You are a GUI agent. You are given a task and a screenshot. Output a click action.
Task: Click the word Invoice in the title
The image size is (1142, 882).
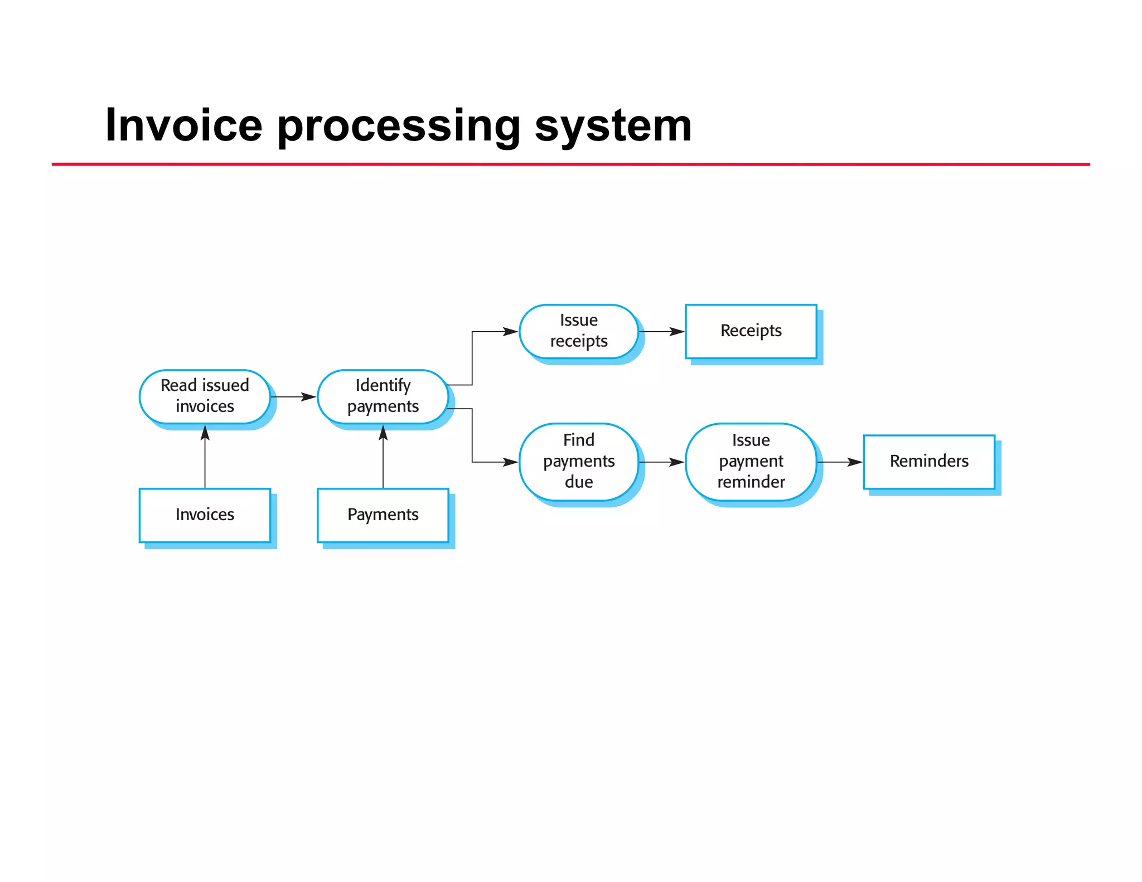[x=183, y=125]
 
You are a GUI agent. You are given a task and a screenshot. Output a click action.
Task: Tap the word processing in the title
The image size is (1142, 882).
[x=398, y=125]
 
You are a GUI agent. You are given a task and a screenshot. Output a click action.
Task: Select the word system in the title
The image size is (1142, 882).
[x=613, y=125]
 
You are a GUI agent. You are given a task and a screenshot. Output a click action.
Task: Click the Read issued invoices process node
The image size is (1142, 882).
[x=205, y=396]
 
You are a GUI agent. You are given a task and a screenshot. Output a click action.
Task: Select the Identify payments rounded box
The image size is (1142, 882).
[x=383, y=396]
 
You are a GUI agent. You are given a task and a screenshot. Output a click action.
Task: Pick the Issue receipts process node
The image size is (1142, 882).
[x=578, y=331]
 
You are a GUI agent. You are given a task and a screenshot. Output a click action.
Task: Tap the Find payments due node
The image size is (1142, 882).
[x=578, y=462]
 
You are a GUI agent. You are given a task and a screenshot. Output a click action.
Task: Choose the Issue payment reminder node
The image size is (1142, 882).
[x=751, y=462]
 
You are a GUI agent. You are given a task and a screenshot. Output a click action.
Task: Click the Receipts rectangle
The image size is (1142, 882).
[x=751, y=331]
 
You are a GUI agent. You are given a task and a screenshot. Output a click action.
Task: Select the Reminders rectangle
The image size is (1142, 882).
[x=928, y=462]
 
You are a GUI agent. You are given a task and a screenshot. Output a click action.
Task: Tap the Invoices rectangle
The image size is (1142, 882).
[x=205, y=515]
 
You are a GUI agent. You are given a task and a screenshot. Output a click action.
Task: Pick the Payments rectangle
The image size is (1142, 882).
[x=383, y=515]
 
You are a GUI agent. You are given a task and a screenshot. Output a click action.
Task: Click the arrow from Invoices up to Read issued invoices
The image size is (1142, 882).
[x=205, y=457]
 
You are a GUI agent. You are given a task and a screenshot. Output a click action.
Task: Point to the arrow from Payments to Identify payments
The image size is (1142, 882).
[x=383, y=457]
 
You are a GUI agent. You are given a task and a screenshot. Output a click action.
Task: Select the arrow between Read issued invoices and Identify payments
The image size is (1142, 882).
[x=293, y=397]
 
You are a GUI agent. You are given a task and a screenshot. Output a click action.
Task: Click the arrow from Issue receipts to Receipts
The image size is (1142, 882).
[x=662, y=332]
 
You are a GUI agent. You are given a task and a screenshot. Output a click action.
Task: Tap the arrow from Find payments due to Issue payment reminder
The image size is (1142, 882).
[x=662, y=462]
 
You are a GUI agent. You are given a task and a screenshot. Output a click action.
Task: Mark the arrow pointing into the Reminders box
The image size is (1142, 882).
[x=840, y=462]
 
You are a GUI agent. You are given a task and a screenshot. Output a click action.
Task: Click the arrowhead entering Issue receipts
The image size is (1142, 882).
[x=510, y=332]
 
